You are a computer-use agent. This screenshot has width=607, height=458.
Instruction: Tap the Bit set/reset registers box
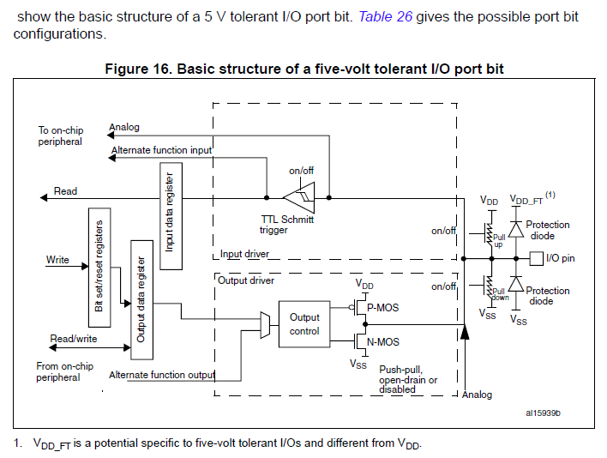[x=99, y=262]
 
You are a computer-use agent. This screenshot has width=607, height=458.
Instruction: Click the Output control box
[x=303, y=324]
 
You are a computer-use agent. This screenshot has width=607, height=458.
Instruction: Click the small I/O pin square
[x=536, y=257]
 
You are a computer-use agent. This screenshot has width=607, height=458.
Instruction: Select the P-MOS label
[x=382, y=307]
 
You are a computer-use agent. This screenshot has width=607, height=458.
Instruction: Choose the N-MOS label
[x=382, y=342]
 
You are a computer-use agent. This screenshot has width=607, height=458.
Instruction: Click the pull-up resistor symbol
[x=489, y=232]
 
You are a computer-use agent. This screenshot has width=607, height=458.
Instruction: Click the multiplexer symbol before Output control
[x=265, y=324]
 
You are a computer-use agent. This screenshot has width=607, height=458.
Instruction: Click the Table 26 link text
[x=385, y=16]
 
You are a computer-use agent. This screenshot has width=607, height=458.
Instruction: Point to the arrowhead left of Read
[x=44, y=198]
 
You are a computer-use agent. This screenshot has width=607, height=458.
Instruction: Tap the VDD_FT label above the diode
[x=526, y=200]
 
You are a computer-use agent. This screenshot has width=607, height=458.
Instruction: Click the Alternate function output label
[x=161, y=375]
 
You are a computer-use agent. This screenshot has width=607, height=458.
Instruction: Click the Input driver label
[x=244, y=254]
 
